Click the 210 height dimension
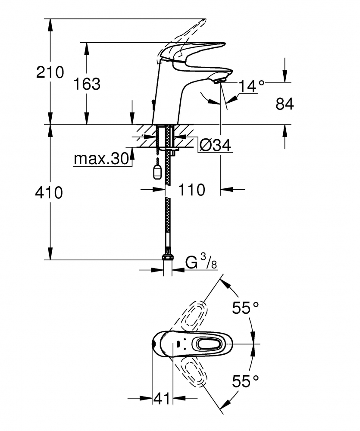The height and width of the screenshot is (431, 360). click(50, 72)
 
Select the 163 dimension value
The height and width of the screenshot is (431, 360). click(87, 84)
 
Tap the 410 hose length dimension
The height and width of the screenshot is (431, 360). click(49, 193)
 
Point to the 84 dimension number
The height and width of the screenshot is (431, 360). click(285, 104)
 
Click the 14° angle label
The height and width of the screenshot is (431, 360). click(252, 86)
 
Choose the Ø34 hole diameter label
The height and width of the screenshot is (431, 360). click(215, 145)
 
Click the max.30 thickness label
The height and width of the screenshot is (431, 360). click(101, 159)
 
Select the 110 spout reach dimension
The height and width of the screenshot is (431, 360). click(192, 190)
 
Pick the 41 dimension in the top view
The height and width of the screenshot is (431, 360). click(162, 398)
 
